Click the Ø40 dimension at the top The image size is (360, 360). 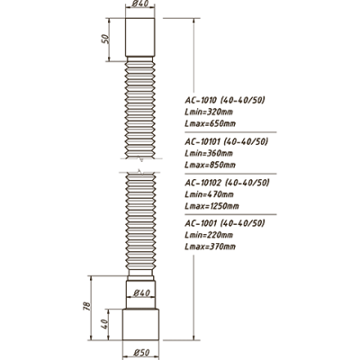click(x=139, y=4)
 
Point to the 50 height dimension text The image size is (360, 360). click(x=105, y=39)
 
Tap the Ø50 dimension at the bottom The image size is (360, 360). click(x=141, y=352)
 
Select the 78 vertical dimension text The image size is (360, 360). click(x=86, y=306)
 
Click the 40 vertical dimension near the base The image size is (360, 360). click(x=103, y=324)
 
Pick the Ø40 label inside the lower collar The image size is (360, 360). click(x=141, y=292)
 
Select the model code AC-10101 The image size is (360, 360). click(x=202, y=141)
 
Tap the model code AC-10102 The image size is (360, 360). click(x=202, y=183)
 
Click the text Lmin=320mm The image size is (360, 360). click(x=209, y=112)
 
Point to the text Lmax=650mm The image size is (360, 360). click(x=210, y=123)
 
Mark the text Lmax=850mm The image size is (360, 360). click(x=210, y=165)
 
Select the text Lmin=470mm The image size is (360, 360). click(x=209, y=194)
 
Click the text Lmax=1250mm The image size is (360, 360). click(x=211, y=206)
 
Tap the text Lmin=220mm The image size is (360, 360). click(x=209, y=235)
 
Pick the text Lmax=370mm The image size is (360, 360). click(x=210, y=247)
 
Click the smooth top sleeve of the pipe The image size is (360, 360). click(x=140, y=37)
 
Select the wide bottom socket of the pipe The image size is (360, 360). click(x=140, y=325)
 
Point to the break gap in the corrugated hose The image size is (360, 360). click(x=140, y=166)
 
